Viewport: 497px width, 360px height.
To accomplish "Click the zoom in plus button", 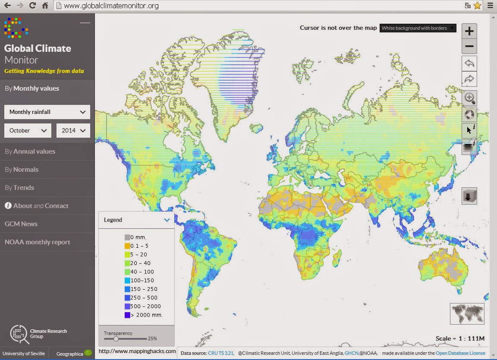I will tap(469, 31).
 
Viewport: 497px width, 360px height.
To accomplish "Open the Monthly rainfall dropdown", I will tap(47, 112).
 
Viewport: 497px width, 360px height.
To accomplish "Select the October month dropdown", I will tap(28, 130).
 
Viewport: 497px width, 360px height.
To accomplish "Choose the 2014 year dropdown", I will tap(73, 130).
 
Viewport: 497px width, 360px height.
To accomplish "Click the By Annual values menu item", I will tap(30, 152).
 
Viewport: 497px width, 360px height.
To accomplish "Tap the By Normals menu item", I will tap(22, 170).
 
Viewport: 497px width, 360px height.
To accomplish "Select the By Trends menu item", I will tap(19, 188).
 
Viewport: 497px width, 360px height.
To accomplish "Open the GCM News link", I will tap(21, 224).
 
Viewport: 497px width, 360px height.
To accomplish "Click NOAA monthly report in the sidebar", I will tap(37, 242).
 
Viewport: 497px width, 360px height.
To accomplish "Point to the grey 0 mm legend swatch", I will tap(127, 237).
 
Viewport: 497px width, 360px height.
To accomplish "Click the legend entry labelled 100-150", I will tap(142, 281).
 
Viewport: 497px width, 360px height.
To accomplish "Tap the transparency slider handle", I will tap(116, 339).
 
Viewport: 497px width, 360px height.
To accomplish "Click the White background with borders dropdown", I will tap(418, 28).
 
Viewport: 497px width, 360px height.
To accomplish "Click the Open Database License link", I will tap(460, 353).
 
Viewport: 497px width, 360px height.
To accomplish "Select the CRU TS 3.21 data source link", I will tap(220, 353).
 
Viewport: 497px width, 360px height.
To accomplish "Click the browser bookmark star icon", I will tap(477, 6).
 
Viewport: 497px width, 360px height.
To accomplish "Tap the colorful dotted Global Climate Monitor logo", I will tap(16, 27).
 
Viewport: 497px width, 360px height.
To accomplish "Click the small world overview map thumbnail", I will tap(467, 314).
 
